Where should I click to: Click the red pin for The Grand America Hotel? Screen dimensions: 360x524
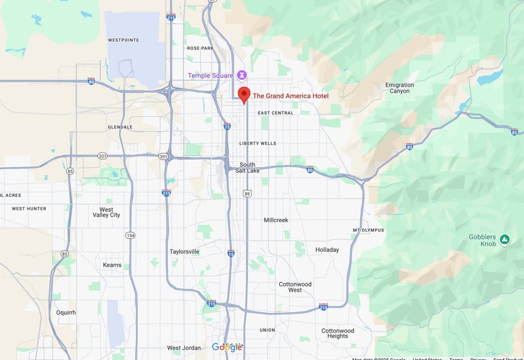pyautogui.click(x=244, y=94)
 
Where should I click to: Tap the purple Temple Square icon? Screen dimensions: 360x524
pyautogui.click(x=243, y=75)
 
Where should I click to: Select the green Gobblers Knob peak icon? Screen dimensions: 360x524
pyautogui.click(x=505, y=239)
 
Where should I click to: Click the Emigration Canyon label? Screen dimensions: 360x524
pyautogui.click(x=399, y=88)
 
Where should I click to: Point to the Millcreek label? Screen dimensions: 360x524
pyautogui.click(x=276, y=219)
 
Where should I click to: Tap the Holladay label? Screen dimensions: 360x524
pyautogui.click(x=327, y=250)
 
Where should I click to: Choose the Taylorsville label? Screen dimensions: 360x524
pyautogui.click(x=184, y=252)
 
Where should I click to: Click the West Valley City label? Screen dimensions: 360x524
pyautogui.click(x=106, y=211)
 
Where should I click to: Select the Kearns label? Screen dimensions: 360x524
pyautogui.click(x=112, y=265)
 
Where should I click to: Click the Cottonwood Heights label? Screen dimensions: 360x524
pyautogui.click(x=338, y=333)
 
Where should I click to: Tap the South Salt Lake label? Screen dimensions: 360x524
pyautogui.click(x=247, y=167)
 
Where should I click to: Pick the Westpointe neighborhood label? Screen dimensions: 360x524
pyautogui.click(x=123, y=40)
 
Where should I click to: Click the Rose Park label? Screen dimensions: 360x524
pyautogui.click(x=200, y=48)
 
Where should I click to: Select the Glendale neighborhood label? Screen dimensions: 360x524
pyautogui.click(x=120, y=127)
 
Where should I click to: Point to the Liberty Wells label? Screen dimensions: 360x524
pyautogui.click(x=258, y=143)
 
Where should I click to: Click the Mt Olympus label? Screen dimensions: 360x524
pyautogui.click(x=368, y=230)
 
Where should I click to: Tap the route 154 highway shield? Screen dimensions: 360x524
pyautogui.click(x=131, y=235)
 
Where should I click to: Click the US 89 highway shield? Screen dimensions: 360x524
pyautogui.click(x=247, y=194)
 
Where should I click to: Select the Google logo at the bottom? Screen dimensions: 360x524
pyautogui.click(x=227, y=347)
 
